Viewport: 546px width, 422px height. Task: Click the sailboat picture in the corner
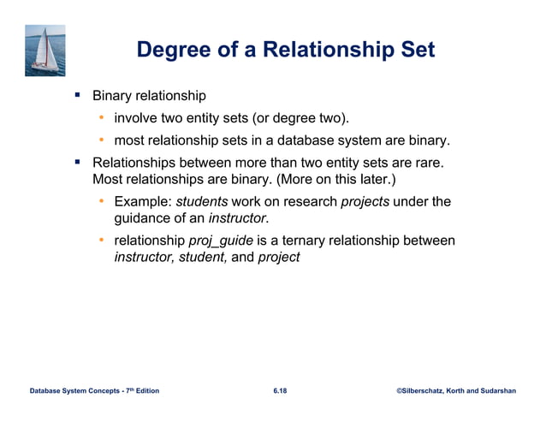45,51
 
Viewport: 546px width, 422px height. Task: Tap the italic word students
202,202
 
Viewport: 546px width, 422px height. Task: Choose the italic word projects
365,202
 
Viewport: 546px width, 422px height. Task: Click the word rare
431,163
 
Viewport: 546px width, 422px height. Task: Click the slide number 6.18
280,391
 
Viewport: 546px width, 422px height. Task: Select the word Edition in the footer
145,391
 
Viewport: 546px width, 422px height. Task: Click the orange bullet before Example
100,202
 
